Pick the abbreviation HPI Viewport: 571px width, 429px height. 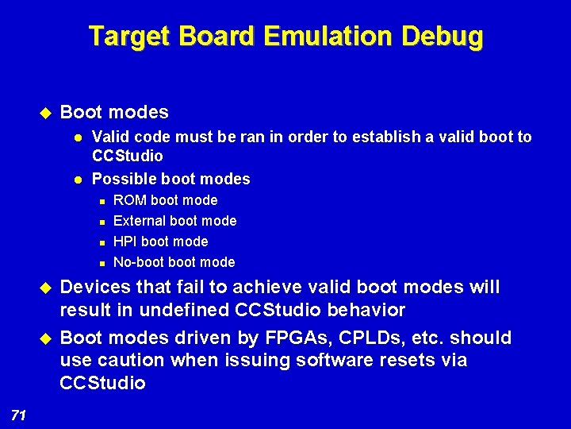[x=125, y=242]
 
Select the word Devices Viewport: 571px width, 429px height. [x=92, y=287]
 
